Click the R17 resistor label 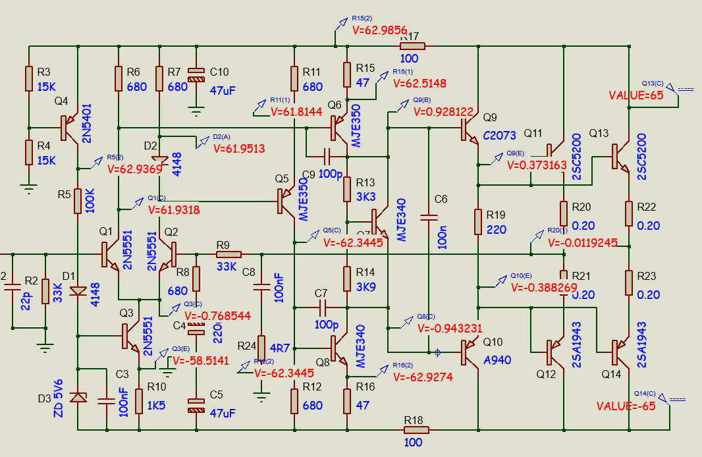410,36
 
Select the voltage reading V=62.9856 380,30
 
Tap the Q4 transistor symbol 68,127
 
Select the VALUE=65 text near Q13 635,95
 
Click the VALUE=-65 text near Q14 626,406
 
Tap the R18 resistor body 416,430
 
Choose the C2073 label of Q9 499,136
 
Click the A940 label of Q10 497,360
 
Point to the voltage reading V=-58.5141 200,361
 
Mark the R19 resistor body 477,222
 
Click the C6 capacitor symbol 429,216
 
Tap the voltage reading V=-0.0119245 583,242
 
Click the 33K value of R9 228,267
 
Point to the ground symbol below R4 28,189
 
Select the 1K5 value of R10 157,400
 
